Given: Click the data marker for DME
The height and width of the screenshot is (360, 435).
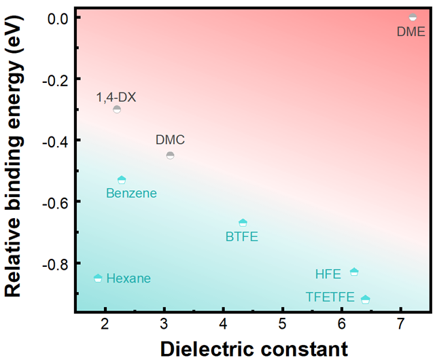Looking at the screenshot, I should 413,17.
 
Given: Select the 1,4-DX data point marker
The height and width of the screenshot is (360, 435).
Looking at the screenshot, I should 117,109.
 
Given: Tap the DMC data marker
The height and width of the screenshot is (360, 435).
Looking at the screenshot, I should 170,156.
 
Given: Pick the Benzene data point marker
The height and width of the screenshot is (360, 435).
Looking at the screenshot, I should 122,180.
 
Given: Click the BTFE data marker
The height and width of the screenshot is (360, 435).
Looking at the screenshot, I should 243,223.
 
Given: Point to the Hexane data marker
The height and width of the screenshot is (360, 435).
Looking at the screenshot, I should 98,278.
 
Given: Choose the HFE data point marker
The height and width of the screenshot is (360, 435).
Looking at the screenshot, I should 354,272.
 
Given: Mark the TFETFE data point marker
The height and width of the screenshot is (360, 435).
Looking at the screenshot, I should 366,299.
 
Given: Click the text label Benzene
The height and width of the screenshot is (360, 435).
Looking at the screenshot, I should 131,194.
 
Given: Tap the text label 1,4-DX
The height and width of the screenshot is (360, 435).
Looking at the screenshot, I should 116,97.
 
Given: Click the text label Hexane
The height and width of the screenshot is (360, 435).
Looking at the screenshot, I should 128,278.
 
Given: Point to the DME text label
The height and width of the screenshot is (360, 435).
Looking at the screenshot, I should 411,31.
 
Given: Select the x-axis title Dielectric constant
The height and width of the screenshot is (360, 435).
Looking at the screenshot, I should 254,348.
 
